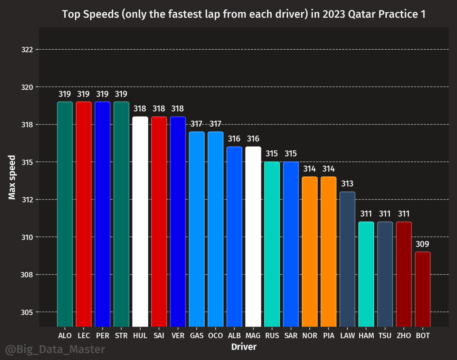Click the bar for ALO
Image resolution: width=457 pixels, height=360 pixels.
coord(65,214)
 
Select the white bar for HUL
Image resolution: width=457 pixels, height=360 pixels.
coord(140,222)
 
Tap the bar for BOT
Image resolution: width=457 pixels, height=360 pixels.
coord(423,289)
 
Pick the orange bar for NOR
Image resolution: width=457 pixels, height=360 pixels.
coord(310,252)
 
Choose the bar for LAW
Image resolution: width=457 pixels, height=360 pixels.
coord(347,259)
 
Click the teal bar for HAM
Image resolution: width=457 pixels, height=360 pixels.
coord(366,274)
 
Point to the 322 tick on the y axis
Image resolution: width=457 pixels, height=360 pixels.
coord(27,50)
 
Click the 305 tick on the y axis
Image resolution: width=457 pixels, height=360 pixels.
coord(27,313)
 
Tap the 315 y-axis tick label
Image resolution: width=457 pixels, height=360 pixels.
coord(27,162)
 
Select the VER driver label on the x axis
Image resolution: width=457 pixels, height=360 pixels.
coord(178,336)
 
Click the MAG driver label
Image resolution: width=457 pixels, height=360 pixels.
coord(253,336)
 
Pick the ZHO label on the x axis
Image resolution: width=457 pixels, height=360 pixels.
coord(404,336)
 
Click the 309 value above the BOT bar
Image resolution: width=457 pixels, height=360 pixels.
coord(422,244)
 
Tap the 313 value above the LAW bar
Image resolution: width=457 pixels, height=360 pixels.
coord(347,184)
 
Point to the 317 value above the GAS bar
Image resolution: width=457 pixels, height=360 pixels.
coord(197,124)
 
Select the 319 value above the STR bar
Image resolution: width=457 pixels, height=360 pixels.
coord(121,94)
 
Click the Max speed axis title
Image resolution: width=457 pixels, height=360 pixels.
coord(12,177)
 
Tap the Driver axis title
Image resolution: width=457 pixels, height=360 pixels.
coord(244,347)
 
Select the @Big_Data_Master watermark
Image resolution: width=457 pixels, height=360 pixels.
coord(55,349)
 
